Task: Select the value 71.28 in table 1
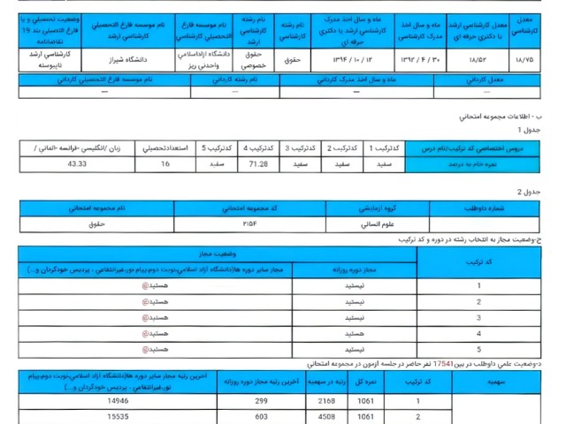(259, 163)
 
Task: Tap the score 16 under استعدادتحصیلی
(164, 163)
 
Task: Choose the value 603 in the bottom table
(262, 416)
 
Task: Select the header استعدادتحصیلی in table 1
(164, 148)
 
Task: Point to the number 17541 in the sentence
(444, 363)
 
